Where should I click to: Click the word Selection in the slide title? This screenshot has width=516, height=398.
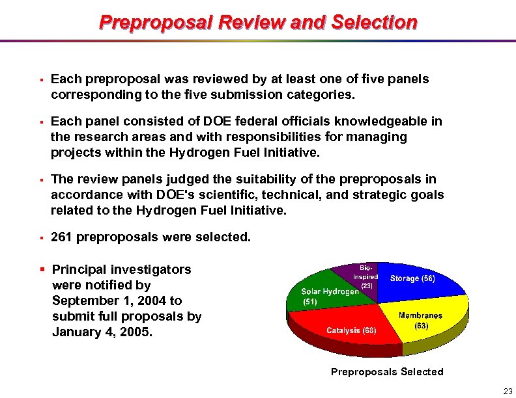pos(374,23)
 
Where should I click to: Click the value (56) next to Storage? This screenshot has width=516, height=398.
pos(427,278)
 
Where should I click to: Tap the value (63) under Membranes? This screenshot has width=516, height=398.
pos(420,325)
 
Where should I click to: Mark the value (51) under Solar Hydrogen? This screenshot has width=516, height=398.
pos(309,302)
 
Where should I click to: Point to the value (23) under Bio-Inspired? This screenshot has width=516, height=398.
pos(367,285)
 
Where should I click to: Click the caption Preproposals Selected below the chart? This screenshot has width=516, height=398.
pos(387,372)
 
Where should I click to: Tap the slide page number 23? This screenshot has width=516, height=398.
pos(508,390)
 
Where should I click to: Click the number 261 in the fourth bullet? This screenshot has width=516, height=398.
pos(62,237)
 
